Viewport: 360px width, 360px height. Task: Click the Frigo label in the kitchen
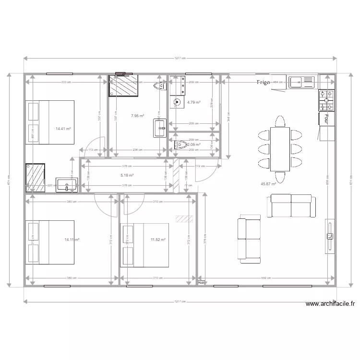tap(264, 82)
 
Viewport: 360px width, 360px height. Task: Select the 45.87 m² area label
tap(268, 183)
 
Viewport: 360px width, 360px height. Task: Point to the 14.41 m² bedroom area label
tap(63, 129)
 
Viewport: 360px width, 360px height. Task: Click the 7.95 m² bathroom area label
tap(138, 116)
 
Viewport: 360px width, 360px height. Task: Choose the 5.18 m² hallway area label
tap(127, 175)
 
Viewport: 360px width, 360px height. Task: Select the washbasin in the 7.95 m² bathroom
tap(159, 128)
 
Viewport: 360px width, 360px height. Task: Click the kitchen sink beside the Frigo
tap(301, 82)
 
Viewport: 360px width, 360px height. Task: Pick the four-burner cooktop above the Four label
tap(327, 100)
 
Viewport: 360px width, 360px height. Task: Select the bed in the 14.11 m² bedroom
tap(50, 242)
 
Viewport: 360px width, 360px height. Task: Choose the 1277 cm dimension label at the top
tap(180, 59)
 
